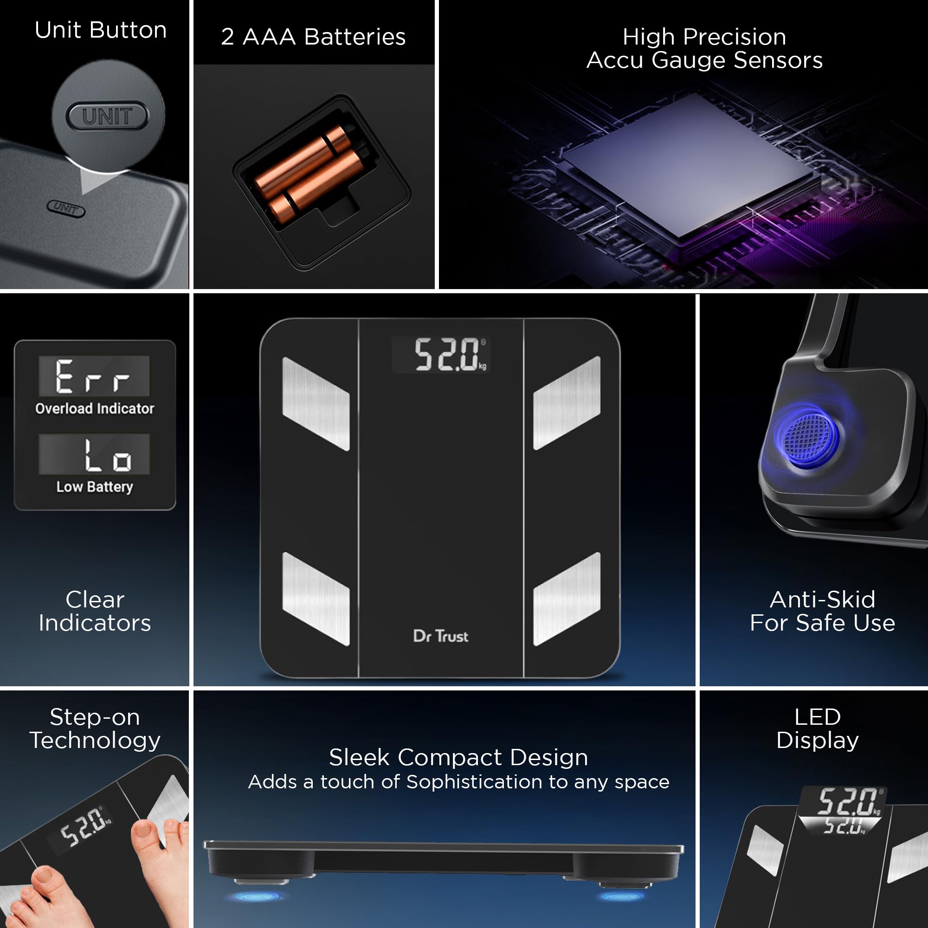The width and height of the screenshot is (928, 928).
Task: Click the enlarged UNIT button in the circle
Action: [x=107, y=116]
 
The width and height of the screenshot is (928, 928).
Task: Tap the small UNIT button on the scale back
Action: [x=66, y=208]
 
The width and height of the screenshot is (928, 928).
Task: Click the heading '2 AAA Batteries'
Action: [x=313, y=37]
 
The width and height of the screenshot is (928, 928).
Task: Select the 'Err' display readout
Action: [x=94, y=376]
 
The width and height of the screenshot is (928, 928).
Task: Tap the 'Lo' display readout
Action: [x=94, y=454]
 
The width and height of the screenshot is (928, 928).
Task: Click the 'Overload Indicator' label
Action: [x=95, y=408]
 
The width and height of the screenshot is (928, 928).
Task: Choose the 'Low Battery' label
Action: [x=95, y=487]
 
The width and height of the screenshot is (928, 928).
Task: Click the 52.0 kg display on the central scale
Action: [x=441, y=354]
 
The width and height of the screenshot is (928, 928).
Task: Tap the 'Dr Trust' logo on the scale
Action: [x=440, y=636]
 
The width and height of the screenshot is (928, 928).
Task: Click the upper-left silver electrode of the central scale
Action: [x=316, y=404]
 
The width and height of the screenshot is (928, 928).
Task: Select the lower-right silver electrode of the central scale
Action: [x=567, y=599]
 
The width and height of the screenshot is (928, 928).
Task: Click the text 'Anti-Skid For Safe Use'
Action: [x=822, y=611]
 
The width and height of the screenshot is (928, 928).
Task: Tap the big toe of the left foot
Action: [x=46, y=878]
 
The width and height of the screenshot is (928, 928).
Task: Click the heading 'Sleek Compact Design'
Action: [x=458, y=758]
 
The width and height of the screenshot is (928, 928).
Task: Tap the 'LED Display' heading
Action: [x=818, y=728]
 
